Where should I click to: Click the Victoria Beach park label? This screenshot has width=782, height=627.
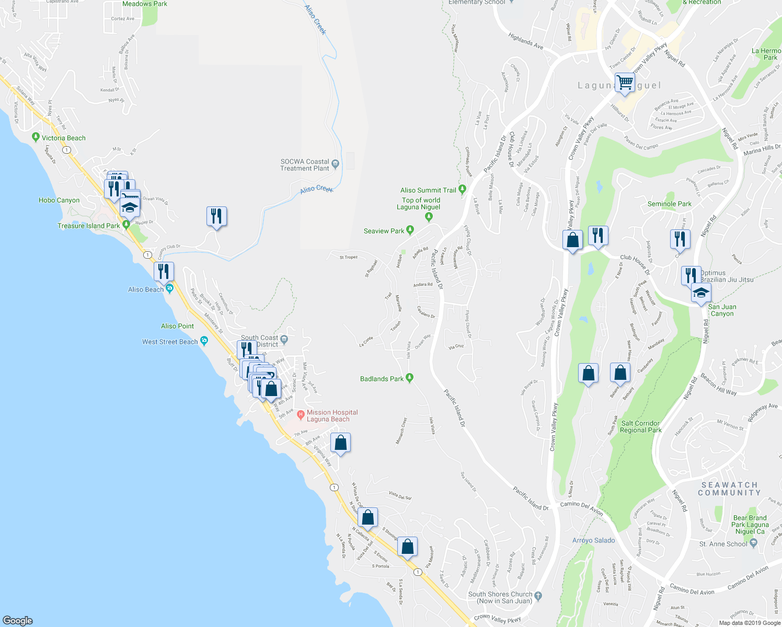click(x=63, y=138)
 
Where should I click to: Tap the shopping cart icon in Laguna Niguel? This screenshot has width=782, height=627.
click(x=625, y=83)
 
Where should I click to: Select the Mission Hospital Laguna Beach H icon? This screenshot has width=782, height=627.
click(x=301, y=415)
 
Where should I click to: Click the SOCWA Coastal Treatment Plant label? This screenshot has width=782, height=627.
click(x=305, y=165)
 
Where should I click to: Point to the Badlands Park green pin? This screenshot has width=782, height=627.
click(x=410, y=378)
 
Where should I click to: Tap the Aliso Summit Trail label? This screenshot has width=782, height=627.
click(x=428, y=190)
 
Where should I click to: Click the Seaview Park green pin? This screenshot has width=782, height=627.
click(x=410, y=230)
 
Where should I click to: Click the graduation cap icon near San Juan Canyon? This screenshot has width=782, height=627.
click(x=701, y=293)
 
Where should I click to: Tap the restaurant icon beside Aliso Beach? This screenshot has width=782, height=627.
click(x=164, y=271)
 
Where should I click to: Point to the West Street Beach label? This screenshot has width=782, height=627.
click(x=170, y=342)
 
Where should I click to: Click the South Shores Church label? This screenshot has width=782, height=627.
click(x=500, y=597)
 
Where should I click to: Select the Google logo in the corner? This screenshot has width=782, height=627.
click(x=18, y=620)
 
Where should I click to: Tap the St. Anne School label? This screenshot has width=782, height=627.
click(x=723, y=544)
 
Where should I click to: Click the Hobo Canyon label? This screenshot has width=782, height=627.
click(x=59, y=200)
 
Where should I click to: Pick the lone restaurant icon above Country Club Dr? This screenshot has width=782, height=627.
click(x=216, y=215)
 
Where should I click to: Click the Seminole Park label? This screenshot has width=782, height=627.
click(x=669, y=204)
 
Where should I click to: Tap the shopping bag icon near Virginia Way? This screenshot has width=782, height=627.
click(x=340, y=443)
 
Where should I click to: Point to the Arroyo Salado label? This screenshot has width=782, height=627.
click(x=593, y=540)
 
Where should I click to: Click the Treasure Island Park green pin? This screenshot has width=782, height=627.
click(x=126, y=225)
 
